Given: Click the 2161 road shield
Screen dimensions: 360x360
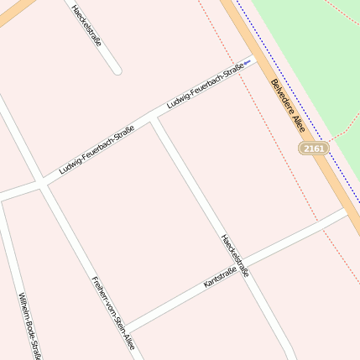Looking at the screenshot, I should tap(313, 149).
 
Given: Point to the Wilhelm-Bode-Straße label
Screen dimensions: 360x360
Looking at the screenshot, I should tap(29, 326).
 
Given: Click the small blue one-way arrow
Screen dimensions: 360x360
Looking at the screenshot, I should tap(247, 62).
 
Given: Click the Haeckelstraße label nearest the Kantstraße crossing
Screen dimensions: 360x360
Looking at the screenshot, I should tap(235, 255).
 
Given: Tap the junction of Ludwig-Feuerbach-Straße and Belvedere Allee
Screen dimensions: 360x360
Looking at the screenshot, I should tap(251, 57).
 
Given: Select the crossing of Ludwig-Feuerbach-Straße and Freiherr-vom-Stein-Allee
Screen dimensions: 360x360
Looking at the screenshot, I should tap(41, 183).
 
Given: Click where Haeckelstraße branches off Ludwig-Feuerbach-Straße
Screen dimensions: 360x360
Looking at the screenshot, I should tap(154, 121).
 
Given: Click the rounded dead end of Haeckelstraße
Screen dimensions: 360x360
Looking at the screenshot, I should tap(117, 70).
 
